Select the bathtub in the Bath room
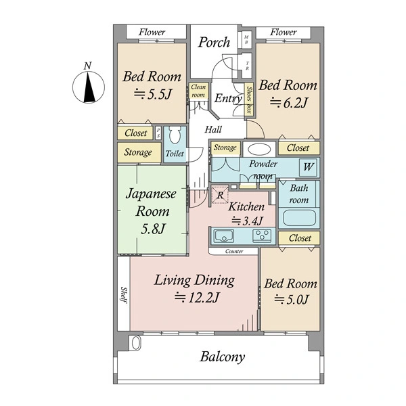click(299, 217)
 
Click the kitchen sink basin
click(224, 235)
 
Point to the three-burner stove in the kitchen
click(263, 235)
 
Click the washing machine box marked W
click(308, 167)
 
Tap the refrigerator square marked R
click(220, 195)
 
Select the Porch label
click(214, 43)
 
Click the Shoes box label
click(249, 99)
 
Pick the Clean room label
click(198, 91)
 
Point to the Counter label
click(234, 251)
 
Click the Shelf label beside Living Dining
click(124, 295)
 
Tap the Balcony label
click(222, 357)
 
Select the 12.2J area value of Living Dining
click(197, 298)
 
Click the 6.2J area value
click(289, 103)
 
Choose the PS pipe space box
click(158, 133)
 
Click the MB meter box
click(246, 40)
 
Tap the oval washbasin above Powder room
click(259, 149)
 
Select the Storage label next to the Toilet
click(138, 152)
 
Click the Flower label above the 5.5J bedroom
click(152, 32)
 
